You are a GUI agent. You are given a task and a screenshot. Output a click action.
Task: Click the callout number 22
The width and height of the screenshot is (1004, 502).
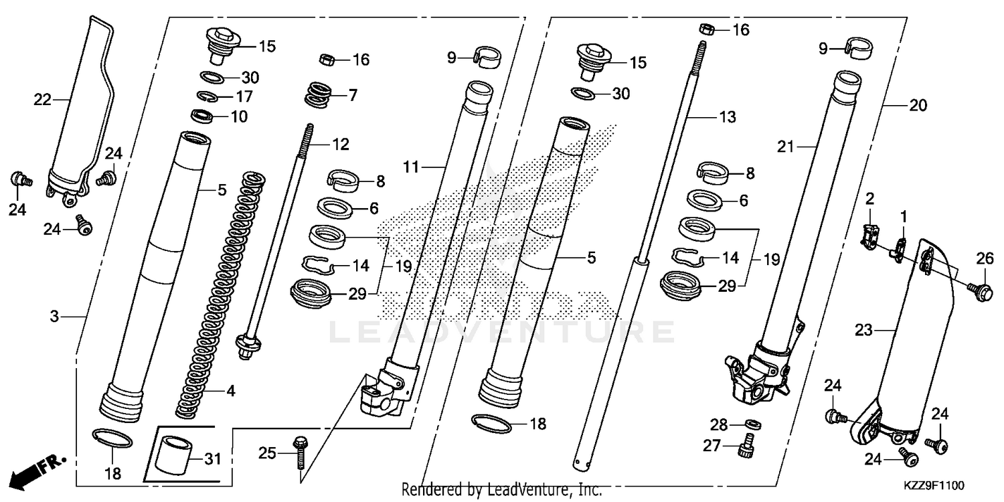click(x=42, y=100)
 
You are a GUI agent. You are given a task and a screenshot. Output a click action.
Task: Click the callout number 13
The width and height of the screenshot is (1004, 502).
click(x=727, y=117)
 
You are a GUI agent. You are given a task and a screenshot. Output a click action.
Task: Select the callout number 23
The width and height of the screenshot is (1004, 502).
click(x=864, y=329)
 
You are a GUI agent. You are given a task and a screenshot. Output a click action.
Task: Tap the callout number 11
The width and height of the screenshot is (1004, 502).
click(x=410, y=167)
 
